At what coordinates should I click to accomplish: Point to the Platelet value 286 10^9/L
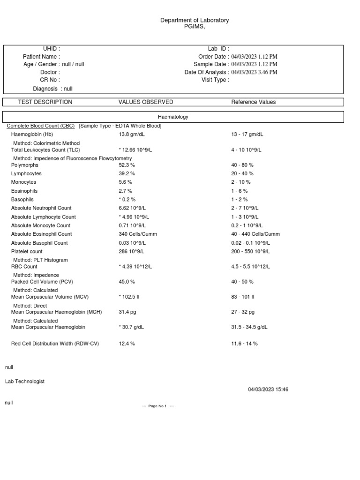pyautogui.click(x=132, y=252)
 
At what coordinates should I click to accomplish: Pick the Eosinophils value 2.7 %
pyautogui.click(x=126, y=191)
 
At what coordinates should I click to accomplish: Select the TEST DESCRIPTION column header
pyautogui.click(x=45, y=102)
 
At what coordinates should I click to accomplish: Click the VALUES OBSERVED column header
pyautogui.click(x=146, y=102)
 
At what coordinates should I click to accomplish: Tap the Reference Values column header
pyautogui.click(x=254, y=102)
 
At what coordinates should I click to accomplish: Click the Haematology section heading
pyautogui.click(x=173, y=117)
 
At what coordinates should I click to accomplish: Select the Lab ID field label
pyautogui.click(x=218, y=49)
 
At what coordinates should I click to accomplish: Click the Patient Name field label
pyautogui.click(x=41, y=57)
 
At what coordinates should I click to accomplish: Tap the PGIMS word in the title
pyautogui.click(x=194, y=27)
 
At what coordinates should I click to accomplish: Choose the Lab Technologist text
pyautogui.click(x=25, y=382)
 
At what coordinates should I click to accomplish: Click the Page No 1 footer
pyautogui.click(x=158, y=406)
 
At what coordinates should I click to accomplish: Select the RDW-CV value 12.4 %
pyautogui.click(x=127, y=344)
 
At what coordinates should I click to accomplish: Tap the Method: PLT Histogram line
pyautogui.click(x=40, y=260)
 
